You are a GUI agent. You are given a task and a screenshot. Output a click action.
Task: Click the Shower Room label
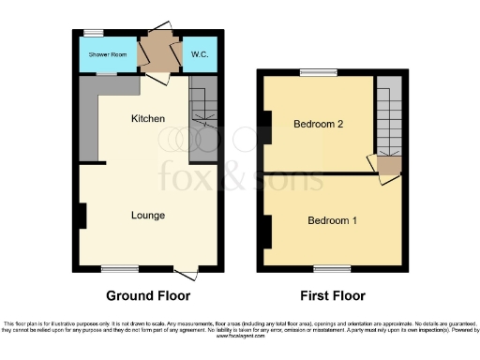(x=107, y=55)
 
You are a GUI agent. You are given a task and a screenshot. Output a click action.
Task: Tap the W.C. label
(x=200, y=55)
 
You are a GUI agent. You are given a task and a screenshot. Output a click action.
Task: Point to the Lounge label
(x=148, y=215)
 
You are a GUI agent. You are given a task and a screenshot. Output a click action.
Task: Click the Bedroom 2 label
(x=317, y=125)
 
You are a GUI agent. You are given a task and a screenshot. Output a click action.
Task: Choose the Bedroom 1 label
(x=332, y=220)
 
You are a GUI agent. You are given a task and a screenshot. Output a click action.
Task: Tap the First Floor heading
(x=332, y=295)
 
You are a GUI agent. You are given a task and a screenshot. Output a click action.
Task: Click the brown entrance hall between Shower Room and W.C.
(x=154, y=56)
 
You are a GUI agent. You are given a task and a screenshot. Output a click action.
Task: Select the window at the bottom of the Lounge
(x=113, y=268)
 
